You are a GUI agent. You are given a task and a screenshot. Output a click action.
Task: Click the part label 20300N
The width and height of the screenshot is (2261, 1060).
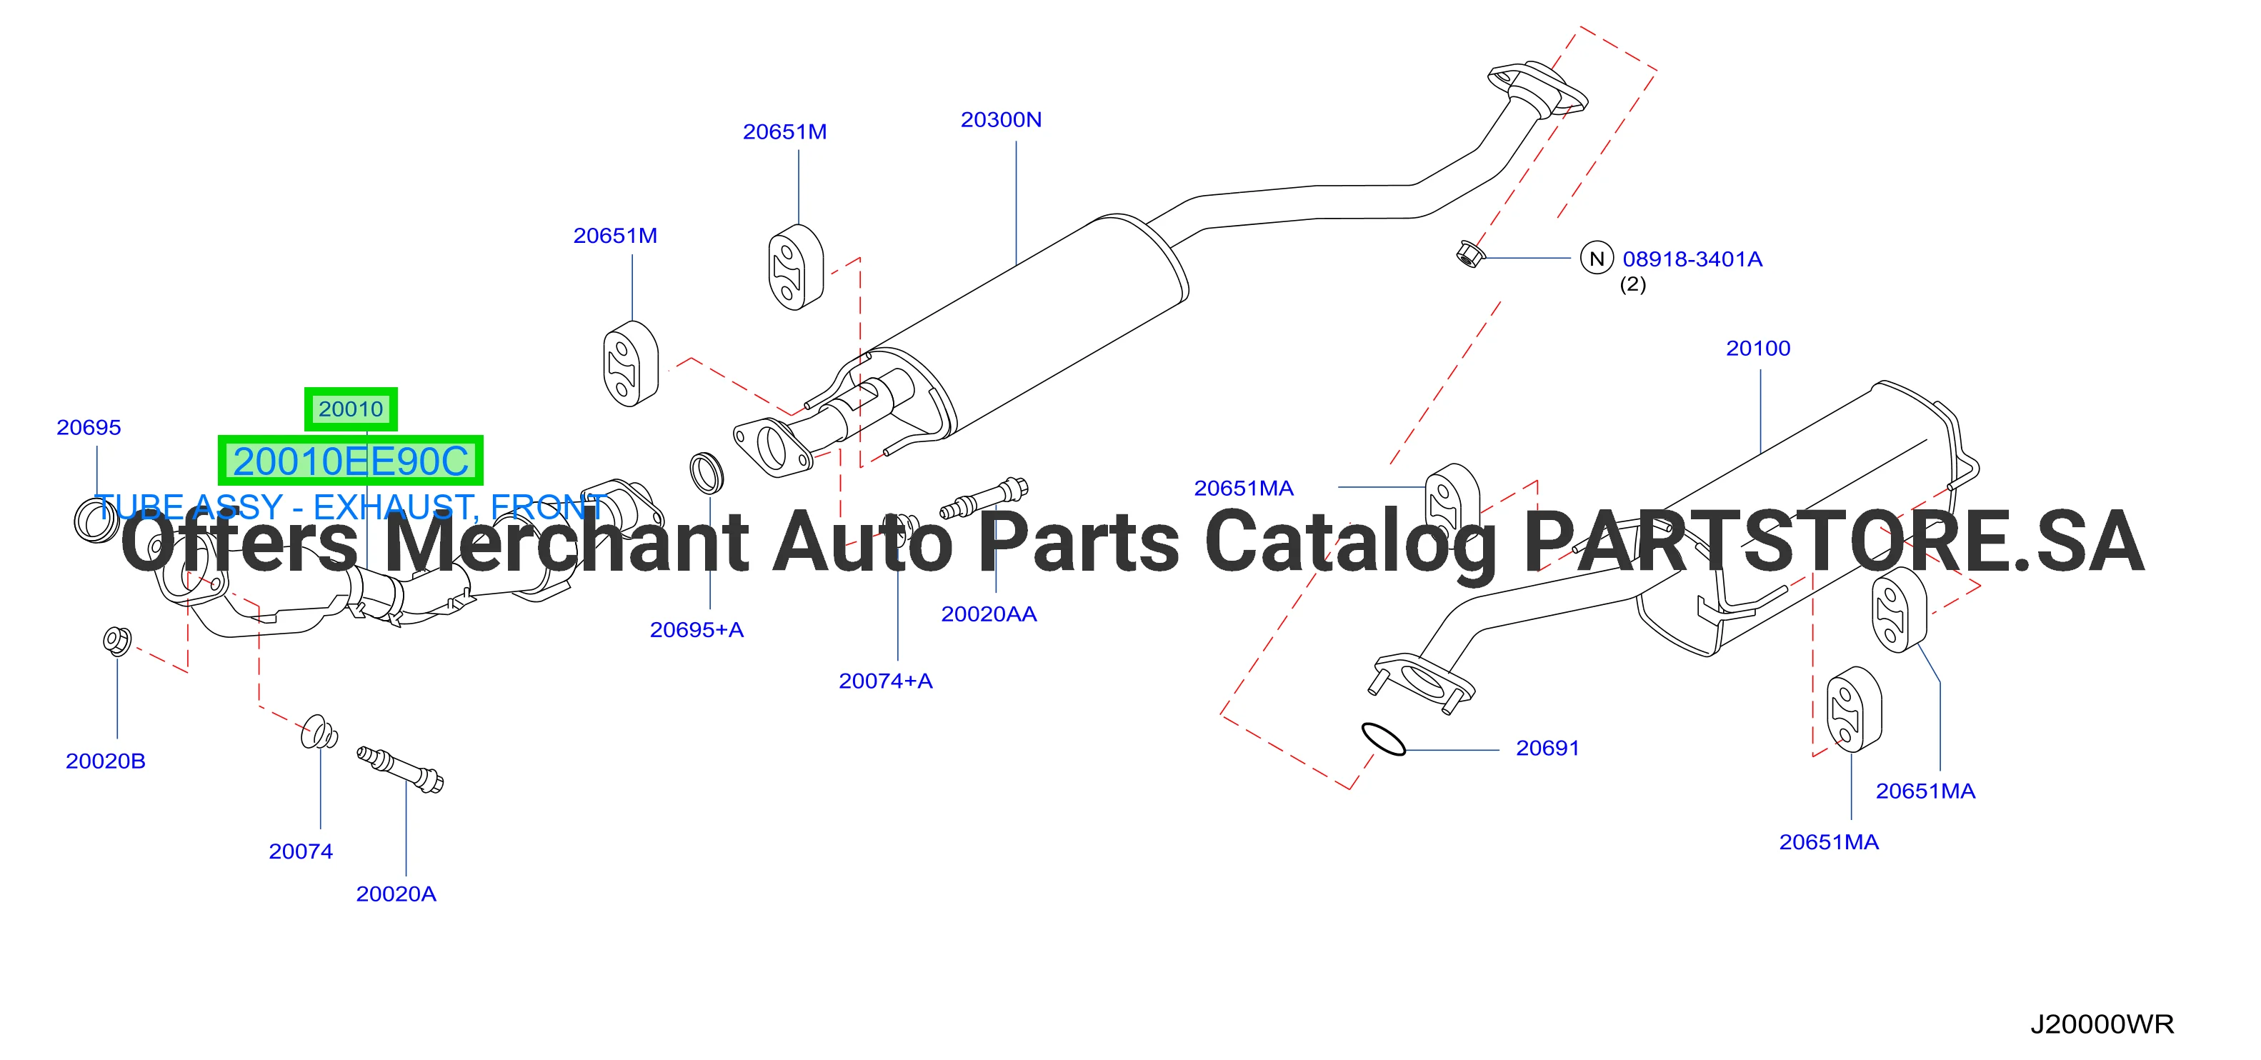point(1001,119)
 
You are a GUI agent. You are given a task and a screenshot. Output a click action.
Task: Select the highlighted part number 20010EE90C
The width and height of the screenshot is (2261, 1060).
point(350,461)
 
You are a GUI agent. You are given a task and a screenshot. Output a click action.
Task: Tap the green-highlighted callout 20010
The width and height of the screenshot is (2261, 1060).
point(351,409)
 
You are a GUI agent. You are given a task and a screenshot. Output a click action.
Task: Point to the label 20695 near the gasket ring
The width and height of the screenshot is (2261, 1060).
point(89,427)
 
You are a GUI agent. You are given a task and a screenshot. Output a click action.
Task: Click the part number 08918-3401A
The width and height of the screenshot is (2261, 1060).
point(1692,259)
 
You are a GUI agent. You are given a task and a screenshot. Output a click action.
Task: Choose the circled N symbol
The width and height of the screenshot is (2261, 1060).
point(1597,259)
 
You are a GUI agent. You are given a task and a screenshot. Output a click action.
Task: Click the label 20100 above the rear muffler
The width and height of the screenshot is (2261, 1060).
point(1758,349)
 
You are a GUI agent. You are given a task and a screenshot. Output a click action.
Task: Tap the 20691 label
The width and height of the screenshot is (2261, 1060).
point(1547,749)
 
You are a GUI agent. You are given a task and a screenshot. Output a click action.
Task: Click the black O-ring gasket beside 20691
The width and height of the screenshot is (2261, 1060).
point(1383,739)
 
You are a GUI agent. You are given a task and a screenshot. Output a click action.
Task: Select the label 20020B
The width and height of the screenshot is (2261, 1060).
point(105,761)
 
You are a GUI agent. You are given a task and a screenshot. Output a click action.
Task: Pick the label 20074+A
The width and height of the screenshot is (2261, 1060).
point(886,681)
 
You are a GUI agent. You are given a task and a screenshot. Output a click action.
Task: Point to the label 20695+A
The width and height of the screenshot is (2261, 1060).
point(697,630)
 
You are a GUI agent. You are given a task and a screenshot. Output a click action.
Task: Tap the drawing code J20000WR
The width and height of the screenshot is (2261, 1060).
point(2102,1024)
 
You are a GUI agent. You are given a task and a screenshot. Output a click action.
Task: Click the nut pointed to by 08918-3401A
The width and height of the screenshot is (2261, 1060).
point(1469,254)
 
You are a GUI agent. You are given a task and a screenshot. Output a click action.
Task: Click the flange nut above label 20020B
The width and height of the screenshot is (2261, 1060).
point(116,641)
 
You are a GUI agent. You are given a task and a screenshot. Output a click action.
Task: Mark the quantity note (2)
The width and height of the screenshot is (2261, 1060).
point(1632,284)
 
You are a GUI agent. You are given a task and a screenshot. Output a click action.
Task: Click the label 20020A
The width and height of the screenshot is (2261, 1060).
point(396,894)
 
